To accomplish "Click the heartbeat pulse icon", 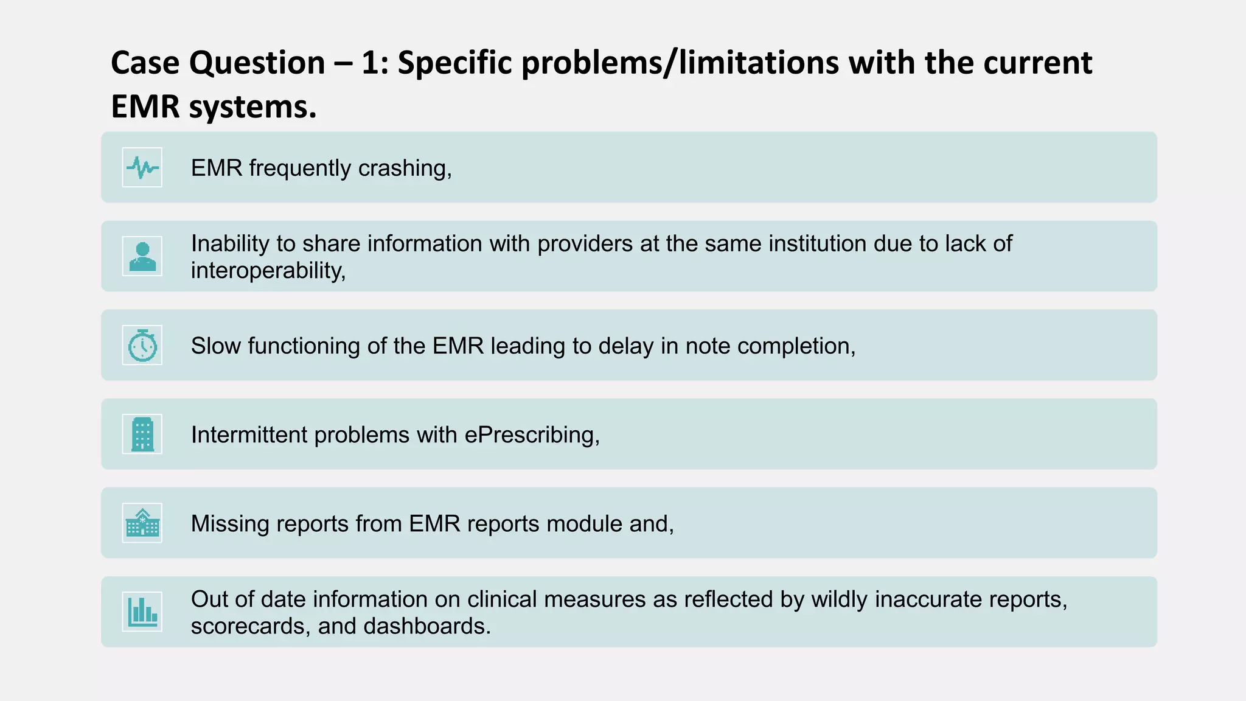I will tap(142, 167).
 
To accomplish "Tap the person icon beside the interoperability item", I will tap(142, 256).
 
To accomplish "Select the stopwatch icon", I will tap(142, 345).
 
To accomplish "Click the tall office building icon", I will tap(142, 434).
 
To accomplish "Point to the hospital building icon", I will tap(142, 523).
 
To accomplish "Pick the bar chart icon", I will tap(142, 612).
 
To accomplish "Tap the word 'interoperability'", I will tap(268, 270).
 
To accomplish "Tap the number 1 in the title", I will tap(370, 63).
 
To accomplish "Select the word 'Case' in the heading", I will tap(146, 63).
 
